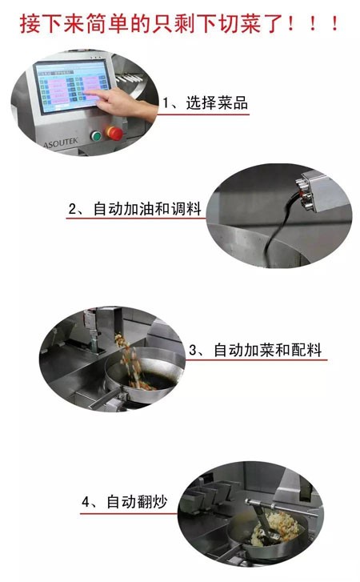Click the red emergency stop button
[114, 133]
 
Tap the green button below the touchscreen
[96, 136]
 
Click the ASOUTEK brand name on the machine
[61, 142]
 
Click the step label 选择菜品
[217, 102]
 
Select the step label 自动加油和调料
[147, 209]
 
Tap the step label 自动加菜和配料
[268, 350]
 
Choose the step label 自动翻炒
[137, 502]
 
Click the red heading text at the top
[179, 24]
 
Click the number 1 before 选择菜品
[166, 102]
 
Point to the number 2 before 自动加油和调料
[72, 209]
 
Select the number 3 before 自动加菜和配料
[193, 350]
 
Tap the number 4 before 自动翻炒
[86, 502]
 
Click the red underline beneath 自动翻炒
[129, 514]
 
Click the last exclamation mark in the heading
[334, 24]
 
